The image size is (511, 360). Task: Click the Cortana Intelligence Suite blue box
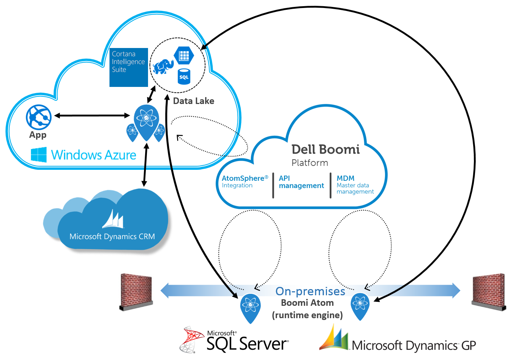point(129,67)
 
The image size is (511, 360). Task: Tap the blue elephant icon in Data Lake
point(163,67)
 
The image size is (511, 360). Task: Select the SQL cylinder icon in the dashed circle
point(184,77)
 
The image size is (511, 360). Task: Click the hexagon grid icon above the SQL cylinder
point(184,55)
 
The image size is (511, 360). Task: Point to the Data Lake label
point(193,101)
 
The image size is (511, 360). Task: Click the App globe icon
point(39,117)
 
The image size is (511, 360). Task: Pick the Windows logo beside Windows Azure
point(39,155)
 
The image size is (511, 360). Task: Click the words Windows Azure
point(93,155)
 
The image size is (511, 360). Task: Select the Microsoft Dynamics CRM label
point(112,236)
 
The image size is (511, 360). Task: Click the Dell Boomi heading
point(326,149)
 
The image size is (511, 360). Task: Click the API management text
point(301,182)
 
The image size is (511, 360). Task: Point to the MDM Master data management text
point(355,185)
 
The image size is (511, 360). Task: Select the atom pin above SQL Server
point(251,307)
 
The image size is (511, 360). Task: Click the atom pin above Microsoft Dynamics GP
point(360,305)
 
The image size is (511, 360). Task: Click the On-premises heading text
point(310,291)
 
